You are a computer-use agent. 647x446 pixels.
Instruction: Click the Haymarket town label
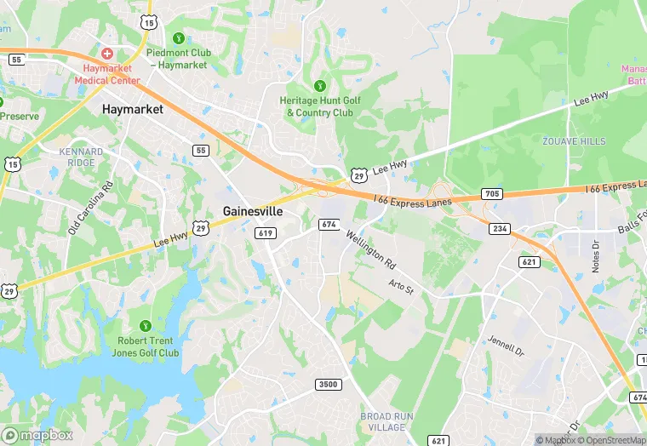[132, 109]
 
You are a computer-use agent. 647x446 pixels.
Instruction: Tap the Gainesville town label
[253, 211]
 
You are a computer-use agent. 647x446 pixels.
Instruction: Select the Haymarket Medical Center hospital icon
[107, 53]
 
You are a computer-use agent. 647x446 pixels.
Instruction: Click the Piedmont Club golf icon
[178, 37]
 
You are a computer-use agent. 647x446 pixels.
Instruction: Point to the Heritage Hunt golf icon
[320, 85]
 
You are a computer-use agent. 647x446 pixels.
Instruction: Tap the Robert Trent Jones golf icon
[146, 325]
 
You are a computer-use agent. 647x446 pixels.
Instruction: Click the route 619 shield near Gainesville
[264, 232]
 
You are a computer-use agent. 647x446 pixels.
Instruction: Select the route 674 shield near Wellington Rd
[329, 224]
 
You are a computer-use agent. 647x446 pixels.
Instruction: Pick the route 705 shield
[492, 194]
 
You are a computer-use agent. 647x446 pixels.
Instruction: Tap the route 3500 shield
[328, 384]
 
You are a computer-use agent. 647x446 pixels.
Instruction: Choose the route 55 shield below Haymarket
[201, 151]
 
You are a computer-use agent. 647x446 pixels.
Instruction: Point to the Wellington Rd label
[371, 246]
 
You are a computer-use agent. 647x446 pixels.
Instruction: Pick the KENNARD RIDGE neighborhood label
[82, 157]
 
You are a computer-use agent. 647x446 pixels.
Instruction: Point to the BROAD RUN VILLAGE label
[387, 421]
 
